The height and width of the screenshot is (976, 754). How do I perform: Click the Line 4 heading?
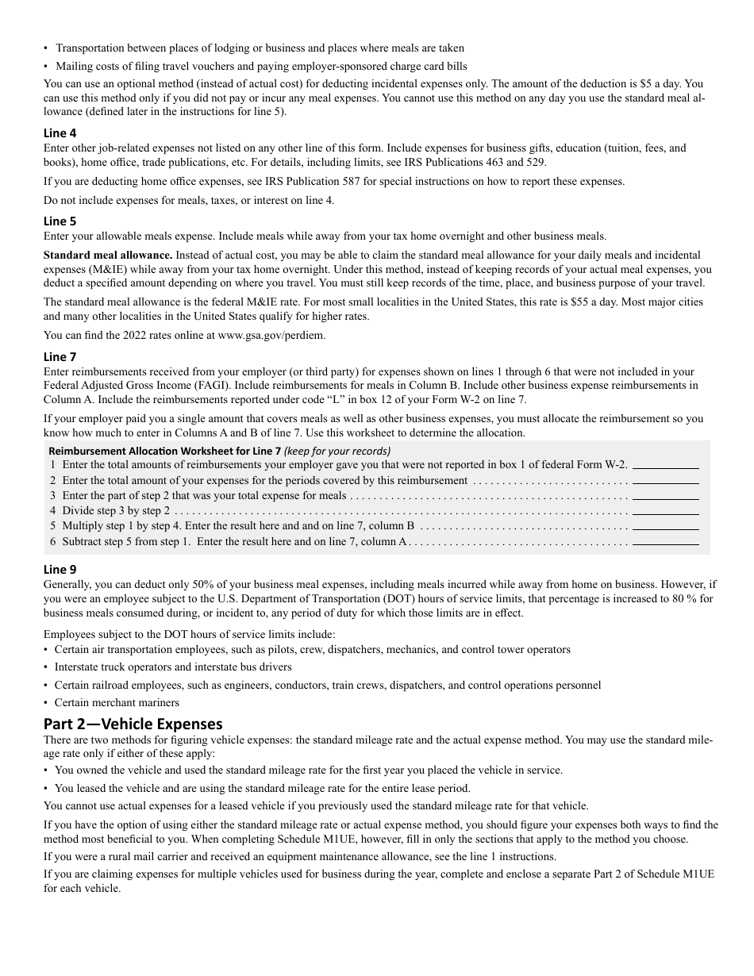pos(60,133)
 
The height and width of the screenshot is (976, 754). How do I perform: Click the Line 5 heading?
pos(60,221)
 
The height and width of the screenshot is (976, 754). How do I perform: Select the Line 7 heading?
pos(60,357)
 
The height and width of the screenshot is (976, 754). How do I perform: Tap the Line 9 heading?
pos(60,569)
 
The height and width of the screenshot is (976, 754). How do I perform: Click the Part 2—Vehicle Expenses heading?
pos(133,724)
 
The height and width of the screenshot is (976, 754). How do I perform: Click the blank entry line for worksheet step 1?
pos(665,465)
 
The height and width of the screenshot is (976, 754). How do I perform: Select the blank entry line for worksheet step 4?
pos(665,511)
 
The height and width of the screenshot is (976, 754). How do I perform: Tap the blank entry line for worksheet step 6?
pos(665,542)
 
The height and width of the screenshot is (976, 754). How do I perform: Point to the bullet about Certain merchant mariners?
pos(117,702)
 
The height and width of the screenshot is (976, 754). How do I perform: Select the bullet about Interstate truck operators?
pos(173,667)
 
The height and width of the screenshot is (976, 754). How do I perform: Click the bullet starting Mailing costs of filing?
pos(261,66)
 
